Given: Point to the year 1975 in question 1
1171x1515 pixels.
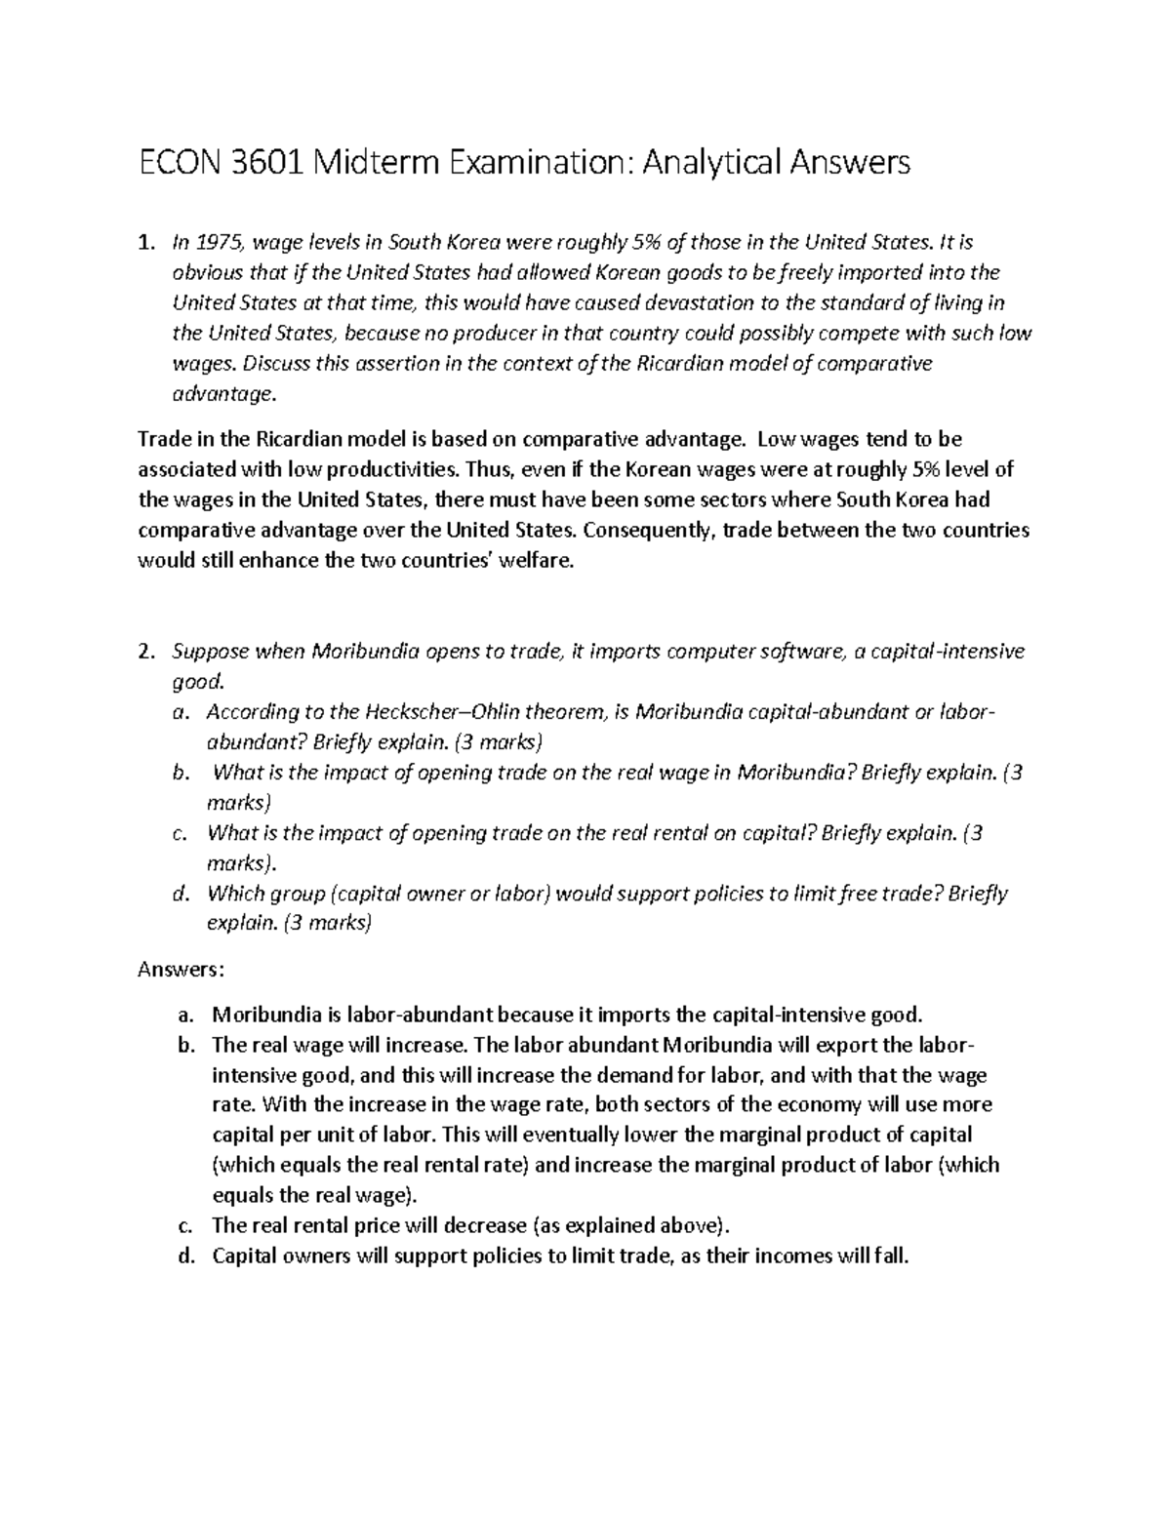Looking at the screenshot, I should (x=222, y=242).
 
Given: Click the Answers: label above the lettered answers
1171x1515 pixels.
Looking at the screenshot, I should (x=182, y=970).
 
